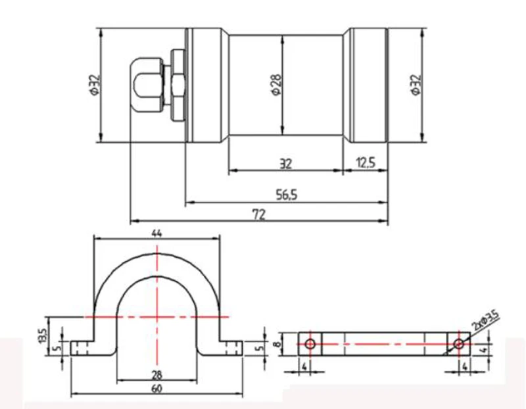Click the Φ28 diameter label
277,85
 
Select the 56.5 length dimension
287,195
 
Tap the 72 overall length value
258,215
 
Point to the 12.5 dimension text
366,163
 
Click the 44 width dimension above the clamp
156,233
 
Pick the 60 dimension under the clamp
156,389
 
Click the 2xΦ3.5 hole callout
486,320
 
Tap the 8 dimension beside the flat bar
277,345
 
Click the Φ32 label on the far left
95,85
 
